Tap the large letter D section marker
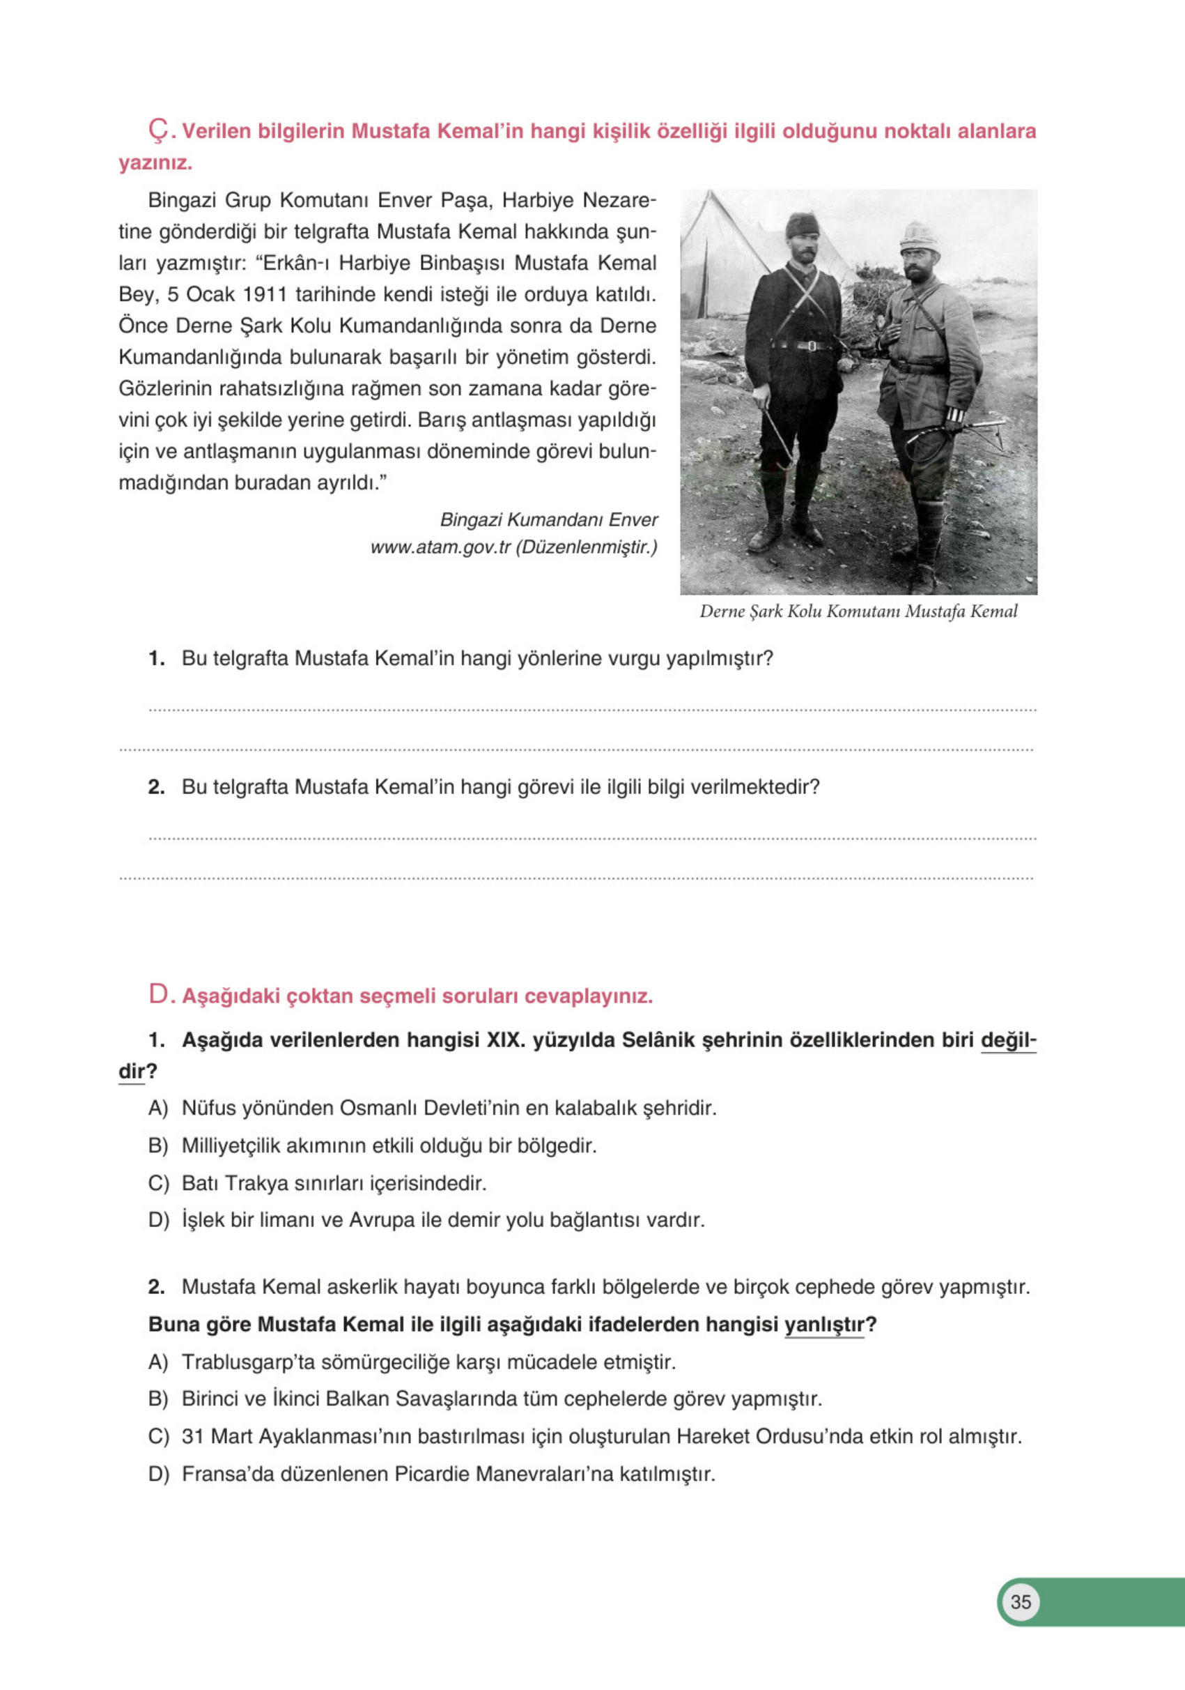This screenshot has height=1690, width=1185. pos(158,995)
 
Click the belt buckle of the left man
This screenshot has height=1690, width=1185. pos(808,345)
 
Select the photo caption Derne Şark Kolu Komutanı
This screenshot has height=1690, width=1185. pos(858,611)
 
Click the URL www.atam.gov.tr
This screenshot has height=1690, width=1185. pos(440,547)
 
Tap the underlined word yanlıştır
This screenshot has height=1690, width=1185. pos(824,1324)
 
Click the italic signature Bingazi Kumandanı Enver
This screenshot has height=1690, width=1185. pos(548,519)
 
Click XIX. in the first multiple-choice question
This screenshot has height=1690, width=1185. pos(504,1040)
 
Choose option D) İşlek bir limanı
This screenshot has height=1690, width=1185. pos(442,1219)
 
